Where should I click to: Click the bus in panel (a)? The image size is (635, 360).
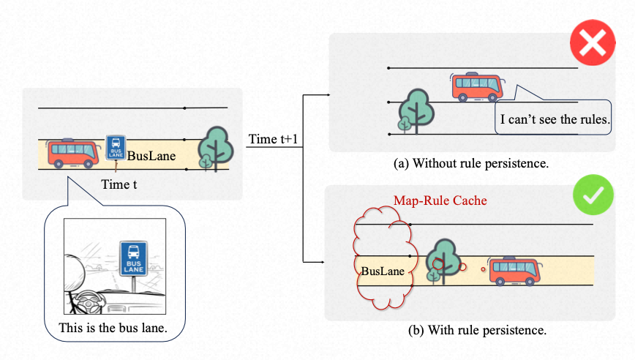(x=476, y=86)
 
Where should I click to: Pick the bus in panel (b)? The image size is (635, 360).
(x=515, y=271)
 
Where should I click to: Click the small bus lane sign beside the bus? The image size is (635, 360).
(x=116, y=147)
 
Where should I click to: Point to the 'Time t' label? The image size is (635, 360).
(x=119, y=186)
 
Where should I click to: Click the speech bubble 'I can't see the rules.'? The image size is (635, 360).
(x=554, y=119)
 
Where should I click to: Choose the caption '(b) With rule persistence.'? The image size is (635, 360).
(x=477, y=330)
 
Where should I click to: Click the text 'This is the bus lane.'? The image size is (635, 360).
(x=113, y=329)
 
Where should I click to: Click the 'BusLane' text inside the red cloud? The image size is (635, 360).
(x=382, y=271)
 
